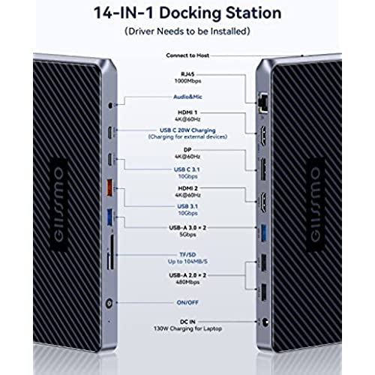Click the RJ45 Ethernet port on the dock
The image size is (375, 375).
(263, 103)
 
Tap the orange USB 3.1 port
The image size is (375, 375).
(109, 187)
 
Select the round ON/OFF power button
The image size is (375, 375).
(109, 303)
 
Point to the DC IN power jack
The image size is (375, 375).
(265, 322)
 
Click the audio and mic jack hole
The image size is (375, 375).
(110, 105)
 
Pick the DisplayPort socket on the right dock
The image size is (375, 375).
(263, 169)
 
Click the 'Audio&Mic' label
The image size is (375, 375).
(187, 97)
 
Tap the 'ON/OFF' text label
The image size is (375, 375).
(187, 302)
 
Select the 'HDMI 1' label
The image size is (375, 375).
(187, 112)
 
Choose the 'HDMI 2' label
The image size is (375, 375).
(187, 188)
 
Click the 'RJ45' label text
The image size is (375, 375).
(187, 74)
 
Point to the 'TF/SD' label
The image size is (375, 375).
(187, 254)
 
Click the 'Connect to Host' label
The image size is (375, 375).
(187, 55)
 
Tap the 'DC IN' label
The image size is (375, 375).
(187, 322)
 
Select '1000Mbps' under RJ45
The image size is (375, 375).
(187, 81)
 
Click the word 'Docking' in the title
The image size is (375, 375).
(190, 13)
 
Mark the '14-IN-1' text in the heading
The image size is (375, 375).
(124, 13)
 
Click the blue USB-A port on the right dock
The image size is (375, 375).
(263, 233)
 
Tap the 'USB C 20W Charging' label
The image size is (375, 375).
(187, 130)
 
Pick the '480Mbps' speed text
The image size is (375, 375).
(187, 282)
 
